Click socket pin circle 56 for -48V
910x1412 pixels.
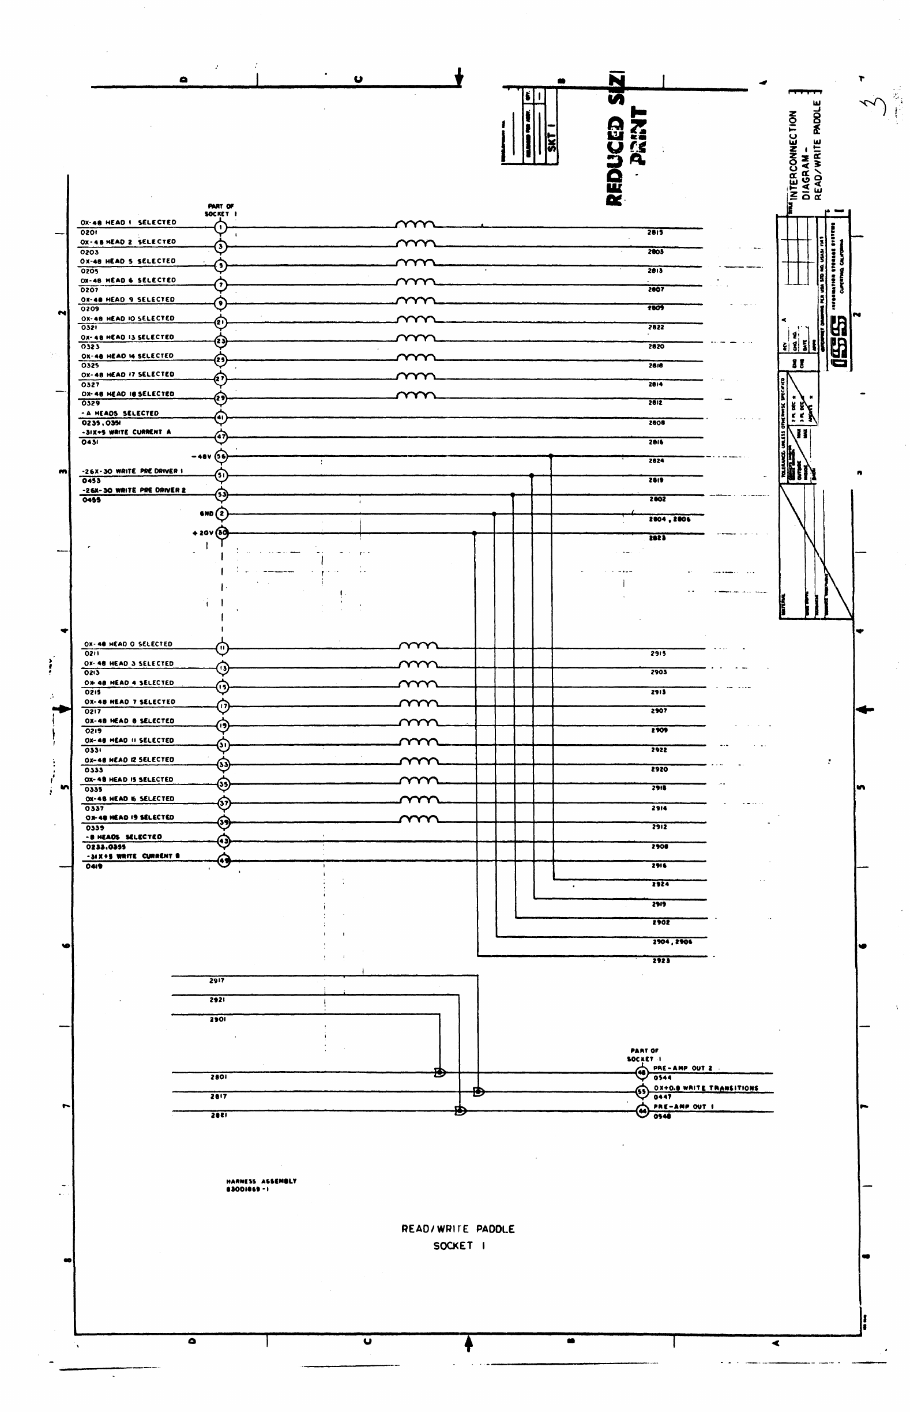click(x=221, y=456)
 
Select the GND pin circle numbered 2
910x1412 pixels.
click(x=221, y=513)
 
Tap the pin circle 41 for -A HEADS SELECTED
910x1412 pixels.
click(x=220, y=418)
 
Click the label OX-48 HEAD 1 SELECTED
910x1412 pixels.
click(x=128, y=223)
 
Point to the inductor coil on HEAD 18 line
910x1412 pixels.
click(x=416, y=395)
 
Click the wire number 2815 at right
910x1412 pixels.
click(x=655, y=233)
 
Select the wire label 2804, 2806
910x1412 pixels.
click(x=670, y=519)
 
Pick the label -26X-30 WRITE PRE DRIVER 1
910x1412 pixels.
click(x=133, y=471)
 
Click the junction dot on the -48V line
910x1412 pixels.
click(x=551, y=456)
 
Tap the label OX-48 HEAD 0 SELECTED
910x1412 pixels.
click(x=128, y=644)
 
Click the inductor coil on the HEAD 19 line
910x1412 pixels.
click(x=419, y=819)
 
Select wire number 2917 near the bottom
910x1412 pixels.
click(x=217, y=981)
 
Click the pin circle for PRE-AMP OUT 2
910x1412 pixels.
click(x=642, y=1073)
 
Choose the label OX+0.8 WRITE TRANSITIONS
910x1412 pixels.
click(x=705, y=1088)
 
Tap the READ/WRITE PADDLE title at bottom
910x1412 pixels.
click(x=458, y=1229)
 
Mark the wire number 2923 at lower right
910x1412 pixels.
click(x=661, y=961)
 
